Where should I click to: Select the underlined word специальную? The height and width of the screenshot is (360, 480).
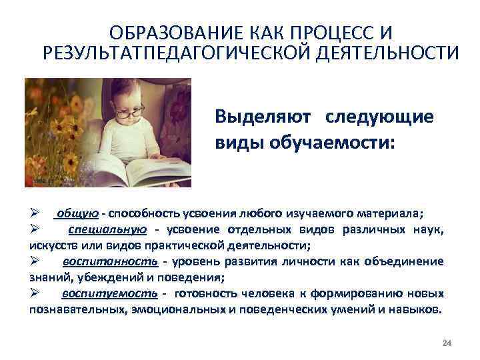pos(107,229)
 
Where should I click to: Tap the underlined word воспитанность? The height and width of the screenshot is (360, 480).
pos(111,261)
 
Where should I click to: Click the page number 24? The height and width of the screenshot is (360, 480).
pos(447,343)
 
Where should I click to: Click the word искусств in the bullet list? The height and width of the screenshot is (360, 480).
pos(50,245)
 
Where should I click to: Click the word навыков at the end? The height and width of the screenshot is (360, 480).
pos(419,310)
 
